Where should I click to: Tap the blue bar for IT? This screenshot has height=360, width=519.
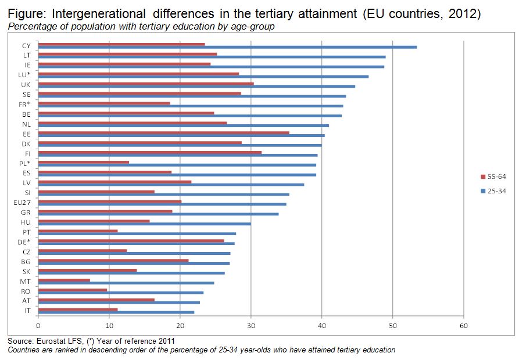point(116,312)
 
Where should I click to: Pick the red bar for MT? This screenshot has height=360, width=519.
point(64,280)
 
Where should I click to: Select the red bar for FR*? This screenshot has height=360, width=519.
point(104,103)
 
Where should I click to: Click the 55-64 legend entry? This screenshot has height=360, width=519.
point(494,177)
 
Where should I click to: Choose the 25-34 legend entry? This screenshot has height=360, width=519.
point(494,190)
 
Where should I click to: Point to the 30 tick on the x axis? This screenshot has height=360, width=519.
point(251,325)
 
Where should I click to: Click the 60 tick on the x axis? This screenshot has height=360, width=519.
point(464,325)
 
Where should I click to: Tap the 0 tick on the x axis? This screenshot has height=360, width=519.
point(38,325)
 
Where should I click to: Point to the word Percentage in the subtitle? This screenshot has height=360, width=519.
point(32,27)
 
